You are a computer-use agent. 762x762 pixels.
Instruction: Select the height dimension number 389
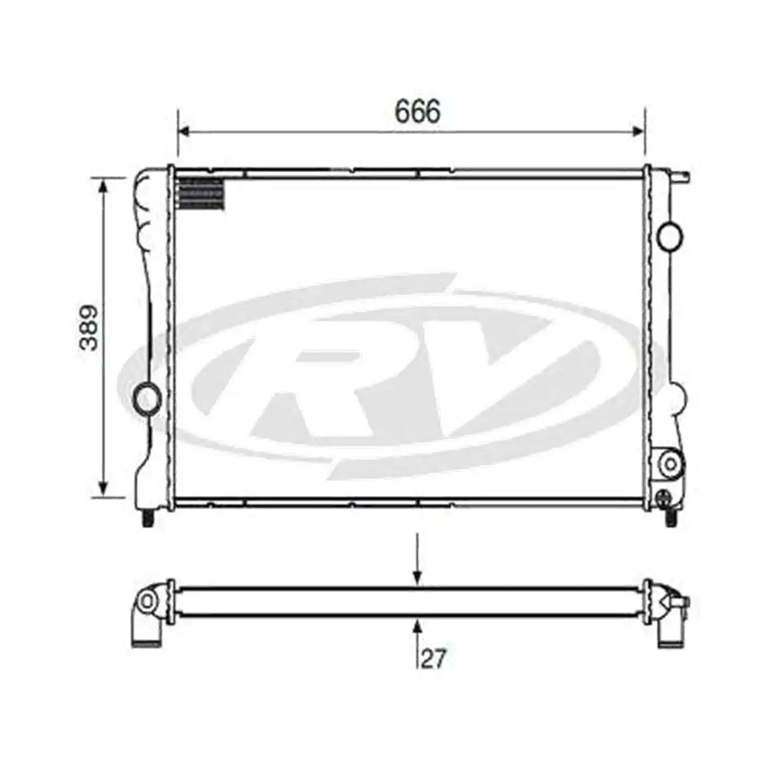(90, 328)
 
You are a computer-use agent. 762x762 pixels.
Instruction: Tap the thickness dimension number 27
(434, 658)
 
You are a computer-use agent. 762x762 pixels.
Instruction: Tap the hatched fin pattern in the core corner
(200, 194)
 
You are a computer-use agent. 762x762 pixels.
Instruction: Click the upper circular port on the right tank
(671, 236)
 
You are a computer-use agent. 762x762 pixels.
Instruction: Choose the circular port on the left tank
(147, 399)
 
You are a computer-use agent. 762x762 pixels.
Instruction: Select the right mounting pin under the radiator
(671, 518)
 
